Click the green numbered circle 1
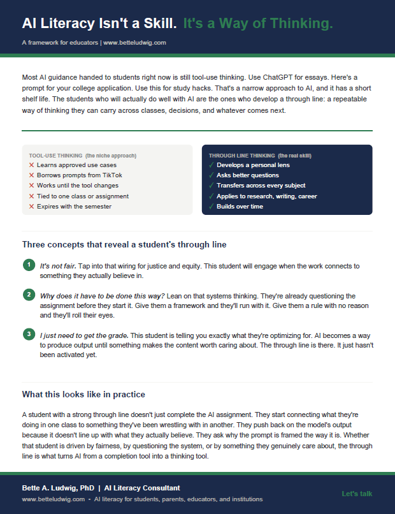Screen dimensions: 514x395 [x=29, y=265]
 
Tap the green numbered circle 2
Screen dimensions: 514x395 [x=29, y=295]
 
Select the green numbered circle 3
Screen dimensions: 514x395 [x=29, y=334]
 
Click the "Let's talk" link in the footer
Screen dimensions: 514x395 [x=357, y=494]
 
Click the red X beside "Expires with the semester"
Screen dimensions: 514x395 [x=31, y=207]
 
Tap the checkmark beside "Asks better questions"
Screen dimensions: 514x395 [x=211, y=175]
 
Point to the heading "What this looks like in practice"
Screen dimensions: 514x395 [x=83, y=394]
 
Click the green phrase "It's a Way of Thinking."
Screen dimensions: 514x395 [x=258, y=24]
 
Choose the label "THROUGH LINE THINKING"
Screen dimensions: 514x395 [x=242, y=156]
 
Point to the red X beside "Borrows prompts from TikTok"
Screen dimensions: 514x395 [x=31, y=175]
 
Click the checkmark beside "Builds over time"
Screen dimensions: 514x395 [x=211, y=207]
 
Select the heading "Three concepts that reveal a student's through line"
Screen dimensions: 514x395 [x=124, y=244]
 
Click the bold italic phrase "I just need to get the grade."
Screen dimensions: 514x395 [x=84, y=335]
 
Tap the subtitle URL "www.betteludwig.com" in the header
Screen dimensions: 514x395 [x=134, y=43]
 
